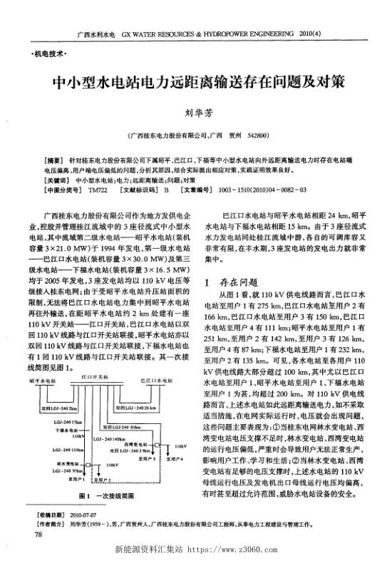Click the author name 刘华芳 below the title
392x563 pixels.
pyautogui.click(x=195, y=112)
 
